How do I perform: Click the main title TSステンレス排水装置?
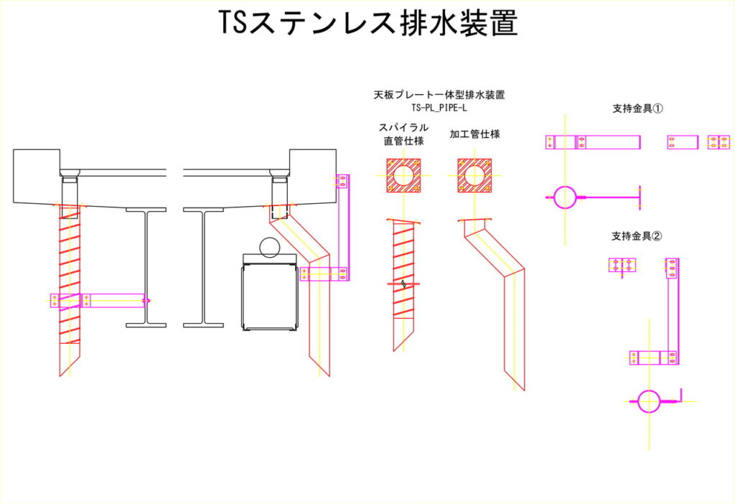(367, 24)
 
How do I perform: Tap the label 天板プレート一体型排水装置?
(439, 95)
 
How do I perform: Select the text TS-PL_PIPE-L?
(439, 108)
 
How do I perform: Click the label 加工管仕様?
(474, 134)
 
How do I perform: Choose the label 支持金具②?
(637, 236)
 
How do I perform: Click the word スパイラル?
(404, 127)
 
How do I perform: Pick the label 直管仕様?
(404, 141)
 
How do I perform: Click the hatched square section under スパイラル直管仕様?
(403, 176)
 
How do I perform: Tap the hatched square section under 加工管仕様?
(474, 176)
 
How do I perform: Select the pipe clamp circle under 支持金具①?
(565, 196)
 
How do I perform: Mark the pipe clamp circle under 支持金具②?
(649, 401)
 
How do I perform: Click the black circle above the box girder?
(271, 247)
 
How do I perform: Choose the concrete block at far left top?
(36, 176)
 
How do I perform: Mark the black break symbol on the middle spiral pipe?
(406, 284)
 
